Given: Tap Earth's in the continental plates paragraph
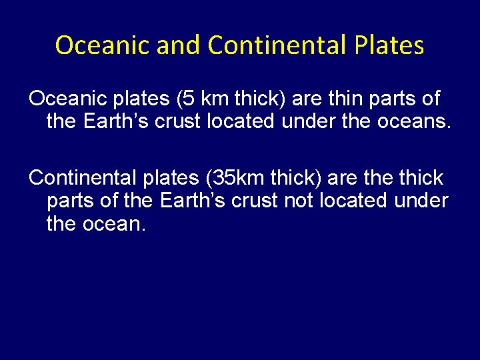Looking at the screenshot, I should (185, 201).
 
